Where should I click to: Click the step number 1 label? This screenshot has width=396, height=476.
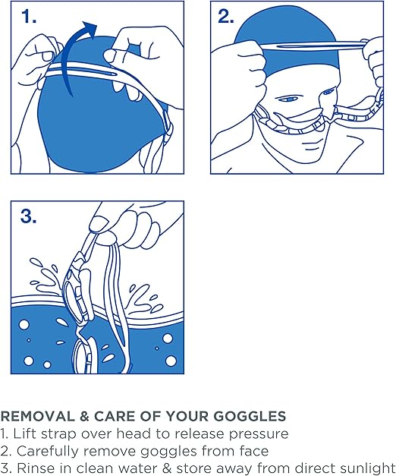(x=29, y=17)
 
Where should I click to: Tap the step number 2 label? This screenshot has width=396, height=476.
(x=226, y=17)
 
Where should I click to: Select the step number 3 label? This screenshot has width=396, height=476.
(x=29, y=216)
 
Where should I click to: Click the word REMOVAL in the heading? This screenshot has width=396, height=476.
(x=38, y=416)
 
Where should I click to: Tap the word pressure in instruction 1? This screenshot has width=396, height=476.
(x=259, y=434)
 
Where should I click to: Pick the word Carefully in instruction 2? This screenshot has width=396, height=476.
(x=46, y=452)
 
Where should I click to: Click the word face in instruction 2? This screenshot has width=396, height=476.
(x=254, y=451)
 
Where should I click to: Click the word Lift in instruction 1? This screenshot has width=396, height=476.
(x=24, y=433)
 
